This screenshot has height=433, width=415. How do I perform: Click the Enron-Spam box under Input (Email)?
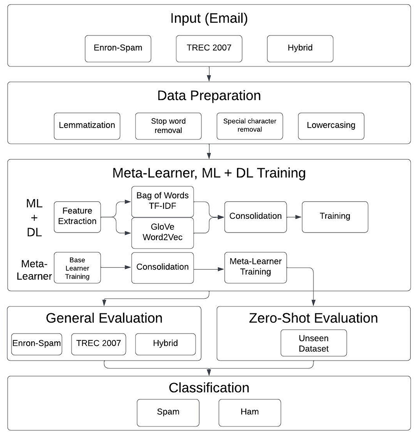118,48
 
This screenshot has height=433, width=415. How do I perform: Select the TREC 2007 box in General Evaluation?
99,344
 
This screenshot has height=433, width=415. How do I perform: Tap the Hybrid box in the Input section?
300,48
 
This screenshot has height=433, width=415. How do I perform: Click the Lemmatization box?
87,126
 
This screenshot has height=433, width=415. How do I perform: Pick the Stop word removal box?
168,126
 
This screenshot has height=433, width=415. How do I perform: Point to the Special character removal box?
250,126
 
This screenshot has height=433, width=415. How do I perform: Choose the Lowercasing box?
331,126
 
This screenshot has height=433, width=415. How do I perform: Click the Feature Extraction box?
77,216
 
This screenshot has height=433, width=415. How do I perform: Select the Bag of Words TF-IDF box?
162,201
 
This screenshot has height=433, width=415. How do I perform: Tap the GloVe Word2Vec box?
162,232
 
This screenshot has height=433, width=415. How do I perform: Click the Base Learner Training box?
77,268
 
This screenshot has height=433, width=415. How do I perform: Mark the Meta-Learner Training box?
255,267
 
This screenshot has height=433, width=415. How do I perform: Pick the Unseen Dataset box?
314,343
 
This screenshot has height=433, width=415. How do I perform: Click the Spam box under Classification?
168,412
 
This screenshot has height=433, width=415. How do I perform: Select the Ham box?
250,412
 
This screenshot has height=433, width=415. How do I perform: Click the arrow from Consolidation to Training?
294,217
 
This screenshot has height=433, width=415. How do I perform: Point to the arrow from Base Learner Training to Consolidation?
116,268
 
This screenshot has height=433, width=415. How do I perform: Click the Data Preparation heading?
209,96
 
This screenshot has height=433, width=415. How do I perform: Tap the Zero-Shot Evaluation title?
313,318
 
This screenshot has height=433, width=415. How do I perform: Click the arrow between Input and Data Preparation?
209,74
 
